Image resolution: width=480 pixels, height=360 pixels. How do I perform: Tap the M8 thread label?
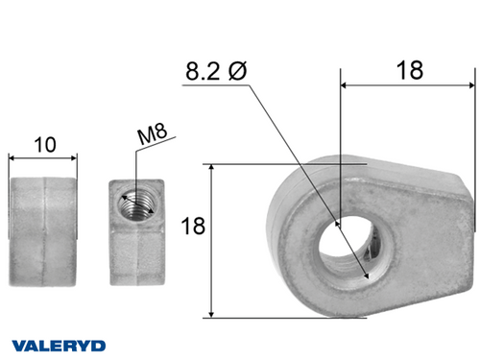pos(149,135)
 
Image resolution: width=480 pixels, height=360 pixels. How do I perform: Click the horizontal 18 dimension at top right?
pos(409,69)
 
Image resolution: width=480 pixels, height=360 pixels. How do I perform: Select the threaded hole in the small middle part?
pos(132,204)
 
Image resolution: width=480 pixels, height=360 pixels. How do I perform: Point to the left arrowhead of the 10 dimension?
pos(12,157)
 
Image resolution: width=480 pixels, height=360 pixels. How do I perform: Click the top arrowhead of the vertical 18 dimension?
pos(210,168)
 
